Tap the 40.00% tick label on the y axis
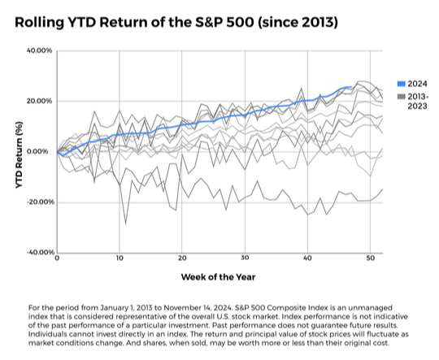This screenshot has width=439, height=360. coord(39,50)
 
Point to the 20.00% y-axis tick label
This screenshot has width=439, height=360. coord(39,101)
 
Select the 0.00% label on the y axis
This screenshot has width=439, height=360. coord(42,151)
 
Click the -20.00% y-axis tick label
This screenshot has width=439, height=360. coord(38,202)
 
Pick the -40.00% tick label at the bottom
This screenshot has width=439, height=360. coord(38,252)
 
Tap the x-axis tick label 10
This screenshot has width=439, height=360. coord(120,258)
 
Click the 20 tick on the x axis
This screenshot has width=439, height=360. coord(182,258)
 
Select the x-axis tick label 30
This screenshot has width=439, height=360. coord(245,258)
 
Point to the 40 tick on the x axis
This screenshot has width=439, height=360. coord(307,258)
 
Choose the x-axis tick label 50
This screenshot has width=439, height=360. coord(370,258)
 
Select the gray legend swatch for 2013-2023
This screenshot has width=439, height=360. coord(401,97)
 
